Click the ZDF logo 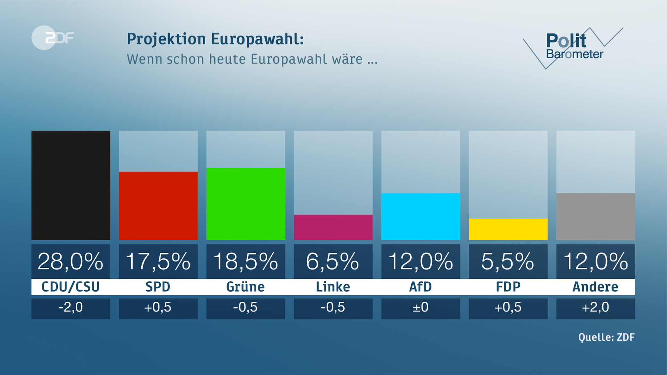[53, 37]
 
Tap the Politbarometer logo [573, 47]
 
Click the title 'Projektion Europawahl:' [215, 39]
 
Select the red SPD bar [158, 206]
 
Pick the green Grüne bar [246, 204]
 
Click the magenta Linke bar [333, 227]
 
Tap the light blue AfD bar [421, 216]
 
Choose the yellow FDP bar [508, 229]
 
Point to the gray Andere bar [595, 216]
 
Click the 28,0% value [71, 261]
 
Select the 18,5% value [246, 261]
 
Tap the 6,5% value [332, 261]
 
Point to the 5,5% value [508, 261]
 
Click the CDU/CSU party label [71, 287]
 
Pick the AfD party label [420, 287]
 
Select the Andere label [595, 287]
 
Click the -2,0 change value [71, 308]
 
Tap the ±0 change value [420, 308]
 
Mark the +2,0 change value [595, 308]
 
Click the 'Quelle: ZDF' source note [606, 337]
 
